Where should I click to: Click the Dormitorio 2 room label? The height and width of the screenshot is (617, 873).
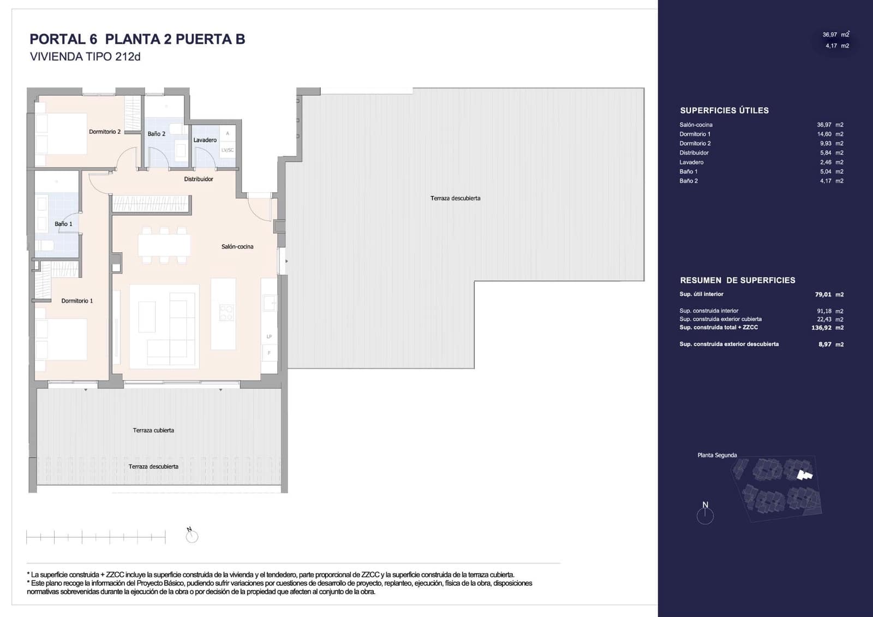(105, 132)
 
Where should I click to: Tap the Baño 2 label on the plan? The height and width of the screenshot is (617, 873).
(156, 134)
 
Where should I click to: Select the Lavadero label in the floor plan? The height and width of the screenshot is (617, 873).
(205, 140)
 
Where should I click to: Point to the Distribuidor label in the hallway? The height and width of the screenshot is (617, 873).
(199, 179)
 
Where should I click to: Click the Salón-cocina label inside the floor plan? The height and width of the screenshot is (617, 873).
(237, 246)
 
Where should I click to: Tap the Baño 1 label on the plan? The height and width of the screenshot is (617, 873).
(63, 224)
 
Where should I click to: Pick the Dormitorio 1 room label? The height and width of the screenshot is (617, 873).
(77, 301)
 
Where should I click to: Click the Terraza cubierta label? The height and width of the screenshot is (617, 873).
(153, 430)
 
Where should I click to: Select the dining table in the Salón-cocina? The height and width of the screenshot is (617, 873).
(164, 245)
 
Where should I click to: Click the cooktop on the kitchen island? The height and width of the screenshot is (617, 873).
(226, 312)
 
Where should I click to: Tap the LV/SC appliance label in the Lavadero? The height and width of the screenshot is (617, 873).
(227, 150)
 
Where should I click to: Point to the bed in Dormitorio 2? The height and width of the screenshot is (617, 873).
(61, 134)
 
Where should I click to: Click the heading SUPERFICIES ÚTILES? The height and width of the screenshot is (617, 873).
(724, 110)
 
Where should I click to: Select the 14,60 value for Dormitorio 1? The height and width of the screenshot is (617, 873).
(824, 134)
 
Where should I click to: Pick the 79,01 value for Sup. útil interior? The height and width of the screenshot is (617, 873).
(823, 294)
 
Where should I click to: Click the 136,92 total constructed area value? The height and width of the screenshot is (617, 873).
(822, 328)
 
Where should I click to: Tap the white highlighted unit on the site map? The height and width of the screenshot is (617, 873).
(804, 474)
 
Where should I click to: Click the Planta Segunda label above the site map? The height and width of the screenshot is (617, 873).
(717, 455)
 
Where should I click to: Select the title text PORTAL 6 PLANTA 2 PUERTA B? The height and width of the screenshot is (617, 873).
(137, 39)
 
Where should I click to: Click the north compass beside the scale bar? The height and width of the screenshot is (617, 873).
(192, 536)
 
